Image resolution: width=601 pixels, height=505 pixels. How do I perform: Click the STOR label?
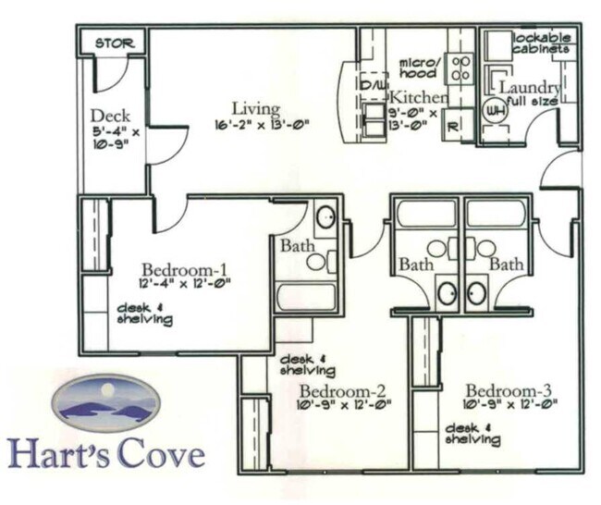pyautogui.click(x=114, y=43)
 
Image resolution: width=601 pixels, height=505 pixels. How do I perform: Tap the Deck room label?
pyautogui.click(x=110, y=117)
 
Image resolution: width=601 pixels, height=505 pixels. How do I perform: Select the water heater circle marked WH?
pyautogui.click(x=496, y=110)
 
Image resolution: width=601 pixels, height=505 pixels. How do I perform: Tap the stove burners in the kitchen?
pyautogui.click(x=460, y=68)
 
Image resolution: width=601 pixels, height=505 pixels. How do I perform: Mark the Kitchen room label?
pyautogui.click(x=418, y=97)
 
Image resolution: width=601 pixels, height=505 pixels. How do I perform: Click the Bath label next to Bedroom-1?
pyautogui.click(x=295, y=247)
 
